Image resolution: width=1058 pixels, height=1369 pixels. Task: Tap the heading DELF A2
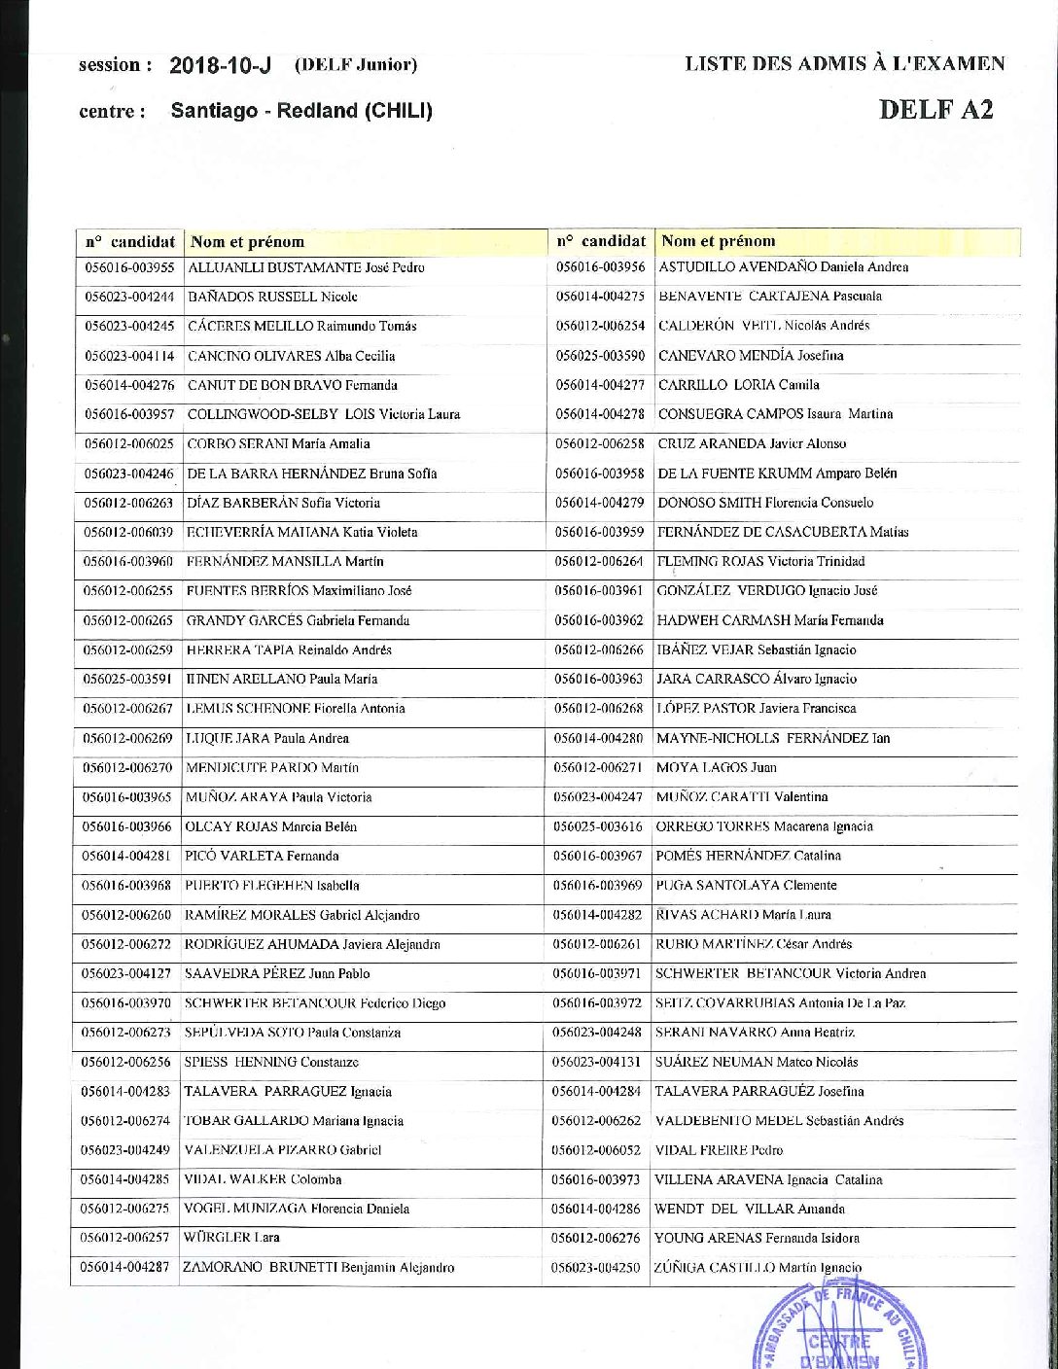point(935,108)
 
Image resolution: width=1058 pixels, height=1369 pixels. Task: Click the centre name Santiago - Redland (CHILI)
point(301,111)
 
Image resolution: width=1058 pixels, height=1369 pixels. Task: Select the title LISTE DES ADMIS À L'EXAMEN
point(844,64)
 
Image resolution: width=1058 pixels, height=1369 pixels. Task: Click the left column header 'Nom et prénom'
point(247,242)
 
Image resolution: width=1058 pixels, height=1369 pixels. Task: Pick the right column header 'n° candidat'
point(601,240)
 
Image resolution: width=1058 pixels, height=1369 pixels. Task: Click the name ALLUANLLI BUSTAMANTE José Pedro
point(305,267)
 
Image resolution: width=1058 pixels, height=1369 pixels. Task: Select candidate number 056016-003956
point(600,266)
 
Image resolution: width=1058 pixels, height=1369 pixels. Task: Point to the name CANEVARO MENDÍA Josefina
point(751,355)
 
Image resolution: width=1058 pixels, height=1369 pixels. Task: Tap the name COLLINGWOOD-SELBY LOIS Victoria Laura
point(324,414)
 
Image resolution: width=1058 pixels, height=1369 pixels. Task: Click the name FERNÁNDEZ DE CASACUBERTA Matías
point(783,532)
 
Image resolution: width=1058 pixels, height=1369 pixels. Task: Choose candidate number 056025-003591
point(127,679)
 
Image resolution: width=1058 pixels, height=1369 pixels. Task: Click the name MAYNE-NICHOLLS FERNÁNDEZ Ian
point(773,738)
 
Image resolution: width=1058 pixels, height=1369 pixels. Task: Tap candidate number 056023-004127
point(127,973)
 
